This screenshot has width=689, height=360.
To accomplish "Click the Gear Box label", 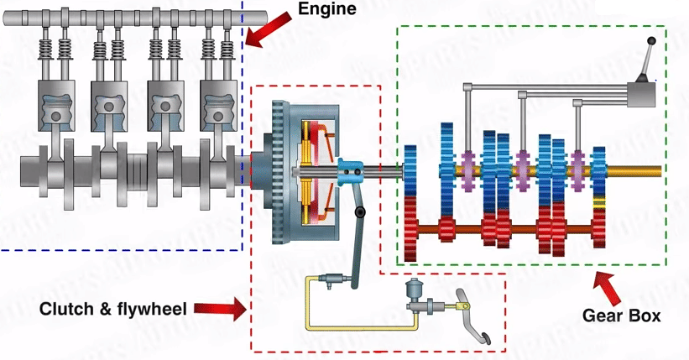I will click(x=621, y=316).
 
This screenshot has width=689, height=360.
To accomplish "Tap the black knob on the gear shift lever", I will click(x=650, y=41).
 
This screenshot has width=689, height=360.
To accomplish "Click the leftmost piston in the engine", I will click(x=55, y=107).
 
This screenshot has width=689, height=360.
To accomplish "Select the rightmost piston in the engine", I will click(x=217, y=107).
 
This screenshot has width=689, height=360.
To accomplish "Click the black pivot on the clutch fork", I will click(x=360, y=213).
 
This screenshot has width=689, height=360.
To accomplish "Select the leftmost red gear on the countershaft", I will click(x=410, y=228).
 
